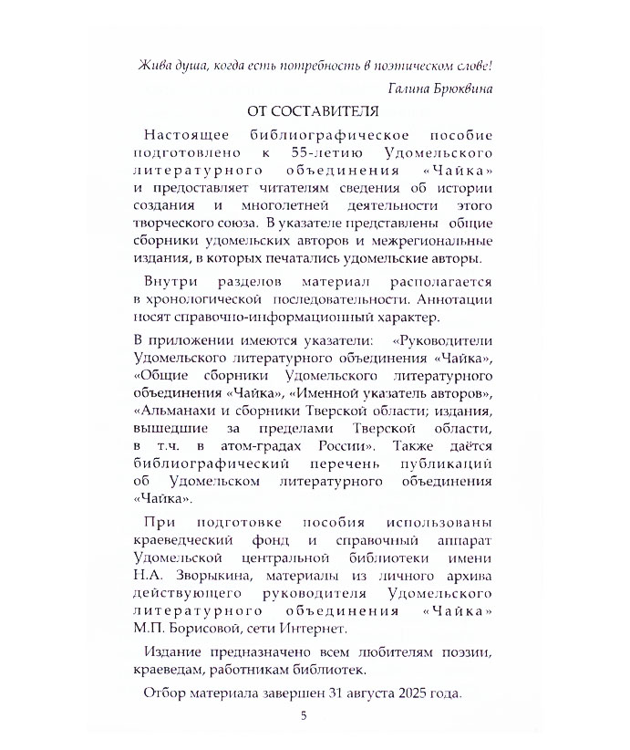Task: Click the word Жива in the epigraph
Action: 156,66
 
